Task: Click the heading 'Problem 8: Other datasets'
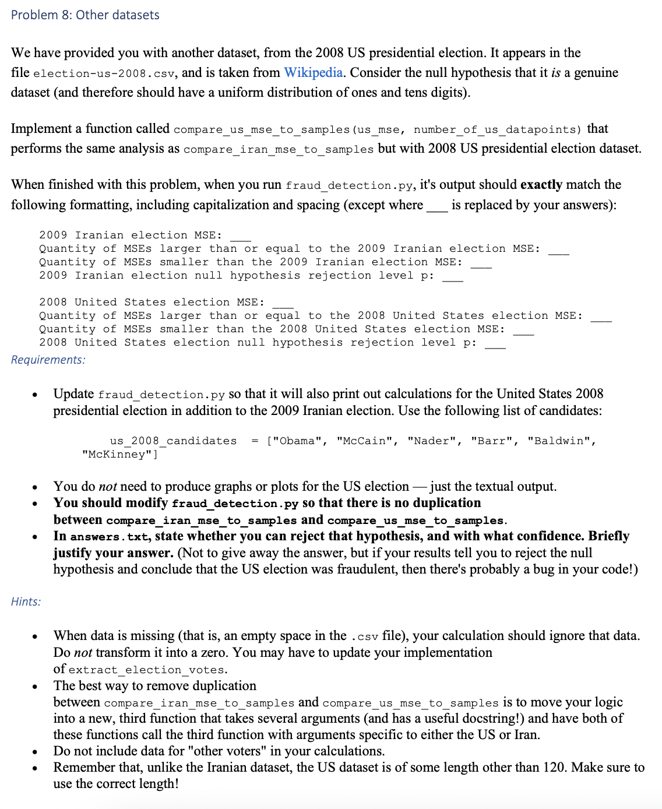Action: (x=85, y=15)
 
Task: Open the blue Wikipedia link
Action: (x=313, y=72)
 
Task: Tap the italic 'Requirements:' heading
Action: (x=48, y=360)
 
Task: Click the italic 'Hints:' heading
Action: (x=26, y=602)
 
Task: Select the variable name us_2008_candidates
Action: (x=173, y=441)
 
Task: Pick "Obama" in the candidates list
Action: (x=297, y=441)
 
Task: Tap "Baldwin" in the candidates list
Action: (x=561, y=441)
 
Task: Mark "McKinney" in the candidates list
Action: (x=119, y=455)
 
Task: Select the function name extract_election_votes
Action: (x=146, y=670)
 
